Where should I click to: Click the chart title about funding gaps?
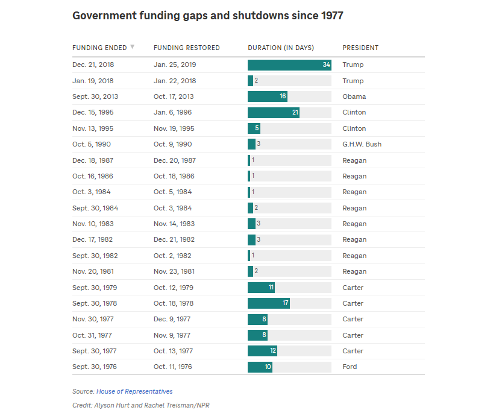[207, 16]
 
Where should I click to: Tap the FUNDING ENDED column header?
[99, 48]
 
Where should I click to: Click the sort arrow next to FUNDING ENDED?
[133, 47]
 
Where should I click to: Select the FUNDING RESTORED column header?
[187, 48]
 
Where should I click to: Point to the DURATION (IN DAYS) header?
[281, 48]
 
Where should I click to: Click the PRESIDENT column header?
[360, 48]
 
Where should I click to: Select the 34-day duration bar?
[289, 65]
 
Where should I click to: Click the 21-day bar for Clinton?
[274, 113]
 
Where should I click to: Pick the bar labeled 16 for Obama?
[268, 96]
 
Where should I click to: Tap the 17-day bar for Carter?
[269, 303]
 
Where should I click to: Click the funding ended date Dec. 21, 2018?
[93, 65]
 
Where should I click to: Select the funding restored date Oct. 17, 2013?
[174, 96]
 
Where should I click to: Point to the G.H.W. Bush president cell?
[362, 144]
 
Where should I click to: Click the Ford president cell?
[350, 367]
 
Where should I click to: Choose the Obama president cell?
[354, 96]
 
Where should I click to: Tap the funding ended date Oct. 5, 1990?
[91, 144]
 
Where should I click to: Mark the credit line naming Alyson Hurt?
[140, 405]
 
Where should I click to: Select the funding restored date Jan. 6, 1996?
[172, 113]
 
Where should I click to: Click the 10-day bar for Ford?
[260, 367]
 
